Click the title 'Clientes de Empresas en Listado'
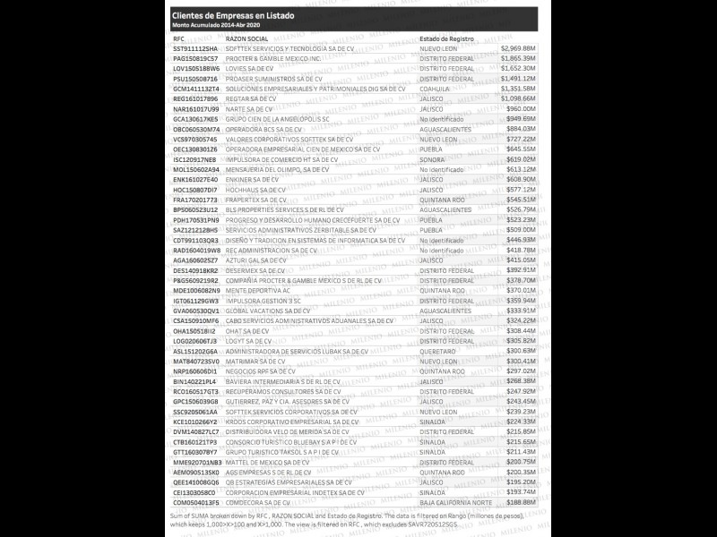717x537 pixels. point(232,16)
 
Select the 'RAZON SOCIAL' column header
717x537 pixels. point(246,39)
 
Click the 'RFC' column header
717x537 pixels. point(178,39)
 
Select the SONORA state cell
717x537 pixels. point(432,158)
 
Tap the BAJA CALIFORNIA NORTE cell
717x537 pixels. point(454,502)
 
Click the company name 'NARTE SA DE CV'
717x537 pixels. point(250,108)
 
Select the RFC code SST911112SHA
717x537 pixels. point(195,48)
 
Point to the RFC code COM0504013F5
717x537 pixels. point(195,502)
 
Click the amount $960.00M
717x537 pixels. point(520,108)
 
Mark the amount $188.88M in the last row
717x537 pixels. point(520,502)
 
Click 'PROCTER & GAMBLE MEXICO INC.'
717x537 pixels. point(272,58)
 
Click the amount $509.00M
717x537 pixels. point(520,229)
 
